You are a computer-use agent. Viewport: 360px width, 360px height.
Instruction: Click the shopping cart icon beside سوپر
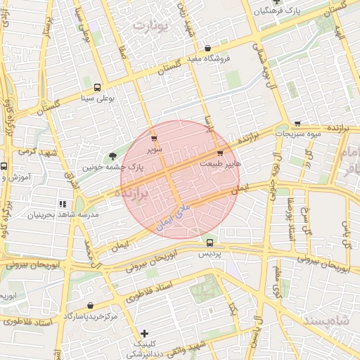tap(154, 138)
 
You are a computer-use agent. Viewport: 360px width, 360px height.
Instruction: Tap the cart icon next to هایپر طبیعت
tap(220, 152)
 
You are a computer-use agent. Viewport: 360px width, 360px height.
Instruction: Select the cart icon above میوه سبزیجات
tap(297, 123)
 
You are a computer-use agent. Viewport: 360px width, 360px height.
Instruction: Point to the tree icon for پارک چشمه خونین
tap(111, 157)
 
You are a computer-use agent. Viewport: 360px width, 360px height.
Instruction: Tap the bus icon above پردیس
tap(210, 243)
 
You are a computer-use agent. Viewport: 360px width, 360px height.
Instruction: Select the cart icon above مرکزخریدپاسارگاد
tap(91, 305)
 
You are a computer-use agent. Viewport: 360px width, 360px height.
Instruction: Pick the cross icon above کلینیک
tap(144, 333)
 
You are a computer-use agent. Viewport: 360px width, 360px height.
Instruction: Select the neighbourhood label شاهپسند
tap(328, 320)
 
